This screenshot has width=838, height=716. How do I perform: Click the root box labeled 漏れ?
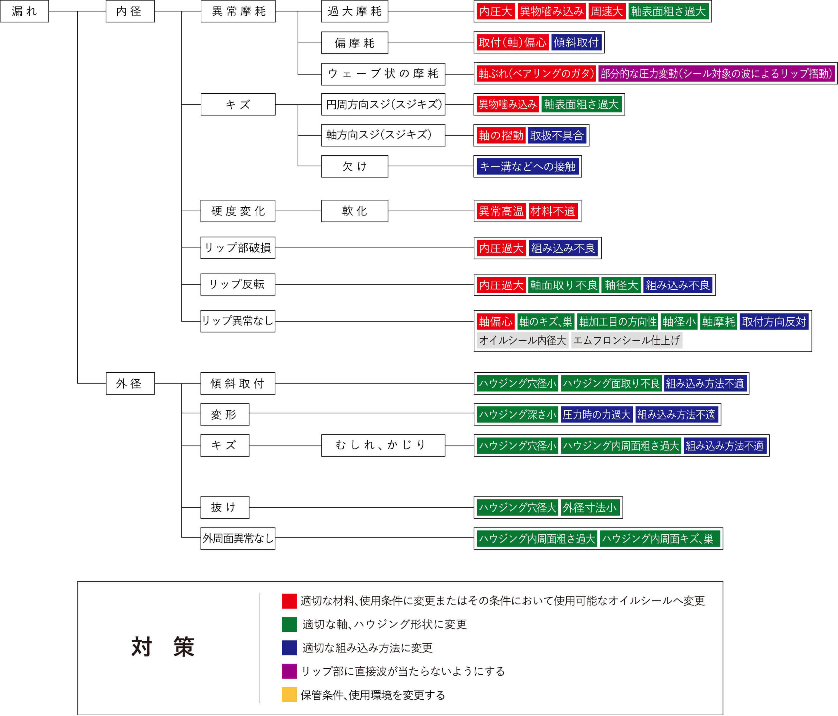point(24,11)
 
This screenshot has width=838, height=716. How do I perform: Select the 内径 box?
point(130,11)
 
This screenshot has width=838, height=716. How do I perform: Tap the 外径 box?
point(130,383)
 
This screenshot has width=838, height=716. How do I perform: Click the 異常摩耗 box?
point(238,11)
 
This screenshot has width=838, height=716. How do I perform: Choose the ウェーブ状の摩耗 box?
point(383,74)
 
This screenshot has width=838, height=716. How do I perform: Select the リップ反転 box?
point(238,285)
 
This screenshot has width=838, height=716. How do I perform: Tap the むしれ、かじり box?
point(383,445)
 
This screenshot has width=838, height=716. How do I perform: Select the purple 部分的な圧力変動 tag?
point(717,74)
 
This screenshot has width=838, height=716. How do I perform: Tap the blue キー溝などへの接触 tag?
point(528,166)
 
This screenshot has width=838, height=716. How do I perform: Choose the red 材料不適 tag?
point(553,211)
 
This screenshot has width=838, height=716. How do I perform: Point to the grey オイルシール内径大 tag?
point(522,340)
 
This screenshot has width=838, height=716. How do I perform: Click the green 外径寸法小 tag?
point(590,508)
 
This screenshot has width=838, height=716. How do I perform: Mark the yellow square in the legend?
point(289,695)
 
